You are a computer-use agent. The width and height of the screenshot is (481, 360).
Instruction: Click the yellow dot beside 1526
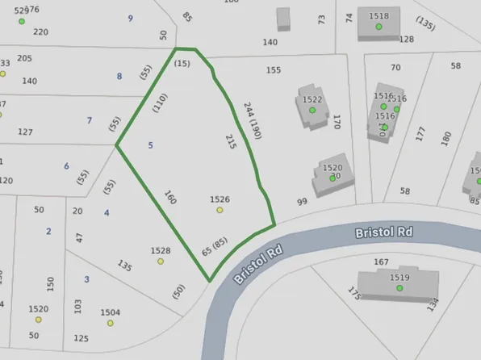click(220, 210)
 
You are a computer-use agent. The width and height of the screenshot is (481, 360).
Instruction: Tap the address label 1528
click(161, 251)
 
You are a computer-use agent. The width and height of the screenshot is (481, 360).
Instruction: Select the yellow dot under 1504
click(111, 323)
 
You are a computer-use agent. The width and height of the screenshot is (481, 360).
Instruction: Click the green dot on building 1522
click(312, 110)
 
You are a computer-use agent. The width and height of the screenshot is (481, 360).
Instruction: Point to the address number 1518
click(379, 16)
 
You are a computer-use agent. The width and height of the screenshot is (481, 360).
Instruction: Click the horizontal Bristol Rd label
click(384, 232)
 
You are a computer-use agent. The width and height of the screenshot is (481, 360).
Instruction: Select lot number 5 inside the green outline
click(150, 145)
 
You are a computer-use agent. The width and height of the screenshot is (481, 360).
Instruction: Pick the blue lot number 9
click(130, 18)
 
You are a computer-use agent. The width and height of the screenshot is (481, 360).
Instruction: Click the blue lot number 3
click(86, 279)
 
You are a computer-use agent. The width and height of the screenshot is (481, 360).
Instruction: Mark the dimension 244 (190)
click(253, 119)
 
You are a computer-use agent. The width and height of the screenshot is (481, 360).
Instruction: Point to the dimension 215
click(232, 143)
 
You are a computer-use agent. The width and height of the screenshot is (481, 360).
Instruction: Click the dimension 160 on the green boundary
click(169, 197)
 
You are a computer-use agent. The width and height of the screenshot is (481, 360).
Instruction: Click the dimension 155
click(274, 70)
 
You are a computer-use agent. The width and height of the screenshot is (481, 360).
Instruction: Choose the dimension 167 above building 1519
click(381, 262)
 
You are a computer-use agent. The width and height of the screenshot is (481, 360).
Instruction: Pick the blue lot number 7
click(90, 121)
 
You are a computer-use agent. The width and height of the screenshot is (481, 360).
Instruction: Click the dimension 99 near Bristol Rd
click(302, 202)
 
